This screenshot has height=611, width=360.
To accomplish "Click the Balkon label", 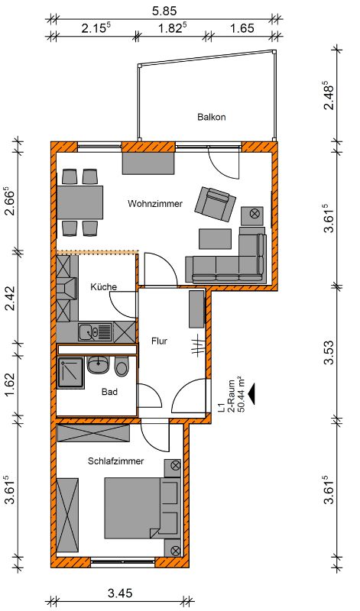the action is click(212, 117).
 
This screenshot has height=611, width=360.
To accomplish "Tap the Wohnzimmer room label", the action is click(155, 203).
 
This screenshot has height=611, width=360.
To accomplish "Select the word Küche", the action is click(103, 287).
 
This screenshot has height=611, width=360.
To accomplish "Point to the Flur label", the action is click(159, 341).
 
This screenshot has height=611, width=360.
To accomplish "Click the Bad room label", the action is click(109, 392).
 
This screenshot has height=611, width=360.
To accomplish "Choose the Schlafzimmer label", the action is click(116, 461).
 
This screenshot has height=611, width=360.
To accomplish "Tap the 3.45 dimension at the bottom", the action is click(120, 593).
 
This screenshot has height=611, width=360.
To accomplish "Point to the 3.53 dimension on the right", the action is click(329, 352).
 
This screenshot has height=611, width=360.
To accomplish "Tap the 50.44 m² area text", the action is click(238, 394).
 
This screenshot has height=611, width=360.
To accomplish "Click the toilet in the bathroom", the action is click(122, 367).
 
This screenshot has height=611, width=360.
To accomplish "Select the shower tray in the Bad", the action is click(70, 373).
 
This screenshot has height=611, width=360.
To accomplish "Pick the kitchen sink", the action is click(96, 332).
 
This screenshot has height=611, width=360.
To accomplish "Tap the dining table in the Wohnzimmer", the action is click(80, 202).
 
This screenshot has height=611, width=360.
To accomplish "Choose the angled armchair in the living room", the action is click(216, 203).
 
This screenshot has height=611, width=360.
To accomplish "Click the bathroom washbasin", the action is click(99, 365).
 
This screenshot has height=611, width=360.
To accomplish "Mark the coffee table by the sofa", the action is click(216, 239).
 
